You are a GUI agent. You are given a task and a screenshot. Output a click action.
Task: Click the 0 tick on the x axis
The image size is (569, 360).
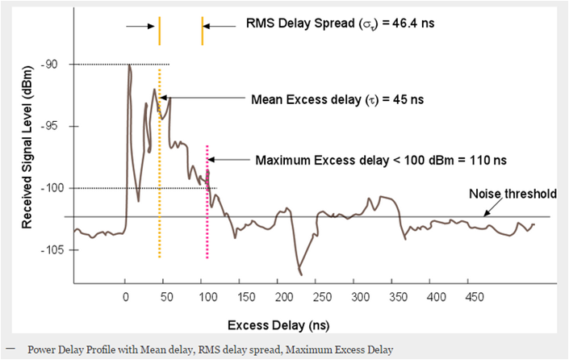(125, 297)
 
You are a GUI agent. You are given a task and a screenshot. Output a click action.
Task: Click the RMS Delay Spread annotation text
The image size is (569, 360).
(340, 23)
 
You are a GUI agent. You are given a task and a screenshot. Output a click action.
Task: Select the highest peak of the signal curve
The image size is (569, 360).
(129, 66)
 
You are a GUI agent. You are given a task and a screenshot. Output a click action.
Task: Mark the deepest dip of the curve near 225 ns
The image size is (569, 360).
(300, 274)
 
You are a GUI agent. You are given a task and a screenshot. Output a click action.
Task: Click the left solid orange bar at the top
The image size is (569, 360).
(160, 30)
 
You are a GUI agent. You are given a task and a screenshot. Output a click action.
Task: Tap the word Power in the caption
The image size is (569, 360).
(43, 350)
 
